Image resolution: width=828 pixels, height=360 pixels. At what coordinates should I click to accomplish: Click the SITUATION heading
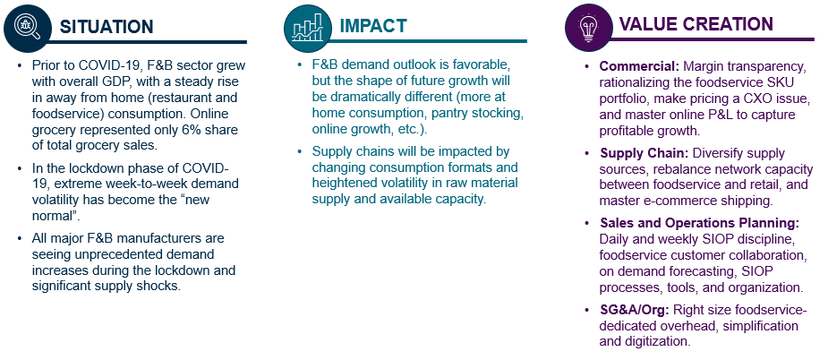click(107, 27)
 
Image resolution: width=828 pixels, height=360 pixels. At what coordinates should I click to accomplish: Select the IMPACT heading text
click(372, 25)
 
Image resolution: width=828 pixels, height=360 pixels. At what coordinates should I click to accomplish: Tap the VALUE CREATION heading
click(696, 24)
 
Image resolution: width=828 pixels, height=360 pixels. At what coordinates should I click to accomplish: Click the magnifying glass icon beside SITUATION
click(28, 28)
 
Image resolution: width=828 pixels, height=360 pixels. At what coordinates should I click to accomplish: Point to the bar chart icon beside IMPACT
click(308, 27)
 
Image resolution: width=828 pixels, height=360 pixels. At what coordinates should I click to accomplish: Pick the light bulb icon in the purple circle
click(588, 26)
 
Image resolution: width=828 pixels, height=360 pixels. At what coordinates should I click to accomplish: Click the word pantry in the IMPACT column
click(464, 114)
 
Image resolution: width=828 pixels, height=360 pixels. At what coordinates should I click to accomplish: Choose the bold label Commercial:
click(639, 66)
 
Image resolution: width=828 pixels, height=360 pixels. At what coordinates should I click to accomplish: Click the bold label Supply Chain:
click(644, 153)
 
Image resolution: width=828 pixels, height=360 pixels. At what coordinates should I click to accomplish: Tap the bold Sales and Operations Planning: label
click(700, 223)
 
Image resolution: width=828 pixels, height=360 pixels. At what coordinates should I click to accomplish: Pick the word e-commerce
click(666, 201)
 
